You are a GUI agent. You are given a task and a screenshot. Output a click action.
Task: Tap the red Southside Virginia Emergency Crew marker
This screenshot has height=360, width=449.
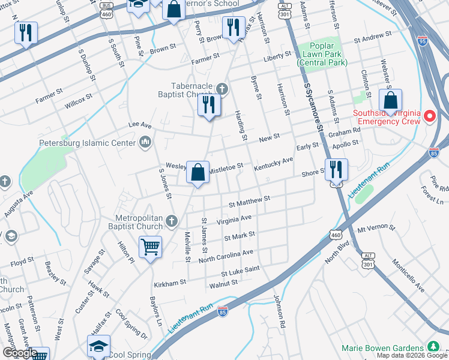tap(430, 116)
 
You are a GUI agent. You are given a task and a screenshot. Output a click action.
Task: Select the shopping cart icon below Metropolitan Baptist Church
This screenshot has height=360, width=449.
tap(150, 247)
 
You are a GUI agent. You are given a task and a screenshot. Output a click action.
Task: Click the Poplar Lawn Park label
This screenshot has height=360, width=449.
tap(324, 55)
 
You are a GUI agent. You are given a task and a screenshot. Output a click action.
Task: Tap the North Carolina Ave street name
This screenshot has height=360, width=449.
tap(226, 256)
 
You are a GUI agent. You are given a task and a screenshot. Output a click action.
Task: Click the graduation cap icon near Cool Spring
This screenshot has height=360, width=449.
tap(99, 346)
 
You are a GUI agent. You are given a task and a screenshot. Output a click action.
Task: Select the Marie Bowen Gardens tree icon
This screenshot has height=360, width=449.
tap(433, 347)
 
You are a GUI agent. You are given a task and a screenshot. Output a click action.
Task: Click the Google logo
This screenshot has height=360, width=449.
tap(20, 353)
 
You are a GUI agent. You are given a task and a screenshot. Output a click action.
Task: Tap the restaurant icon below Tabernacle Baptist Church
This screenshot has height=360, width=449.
tap(209, 106)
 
